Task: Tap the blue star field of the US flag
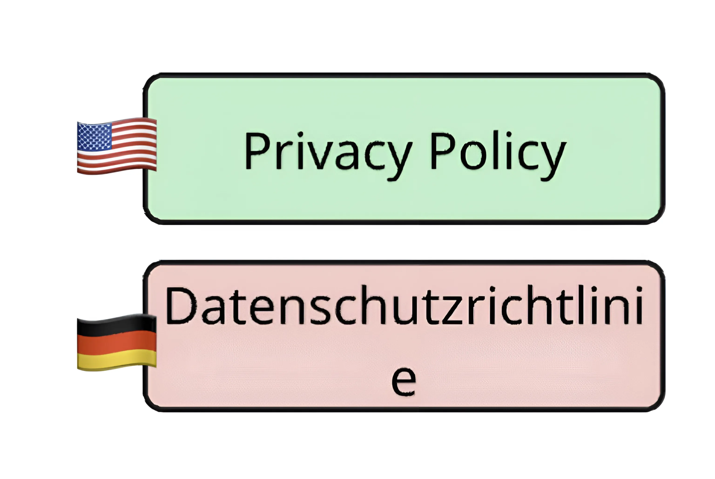click(94, 136)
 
